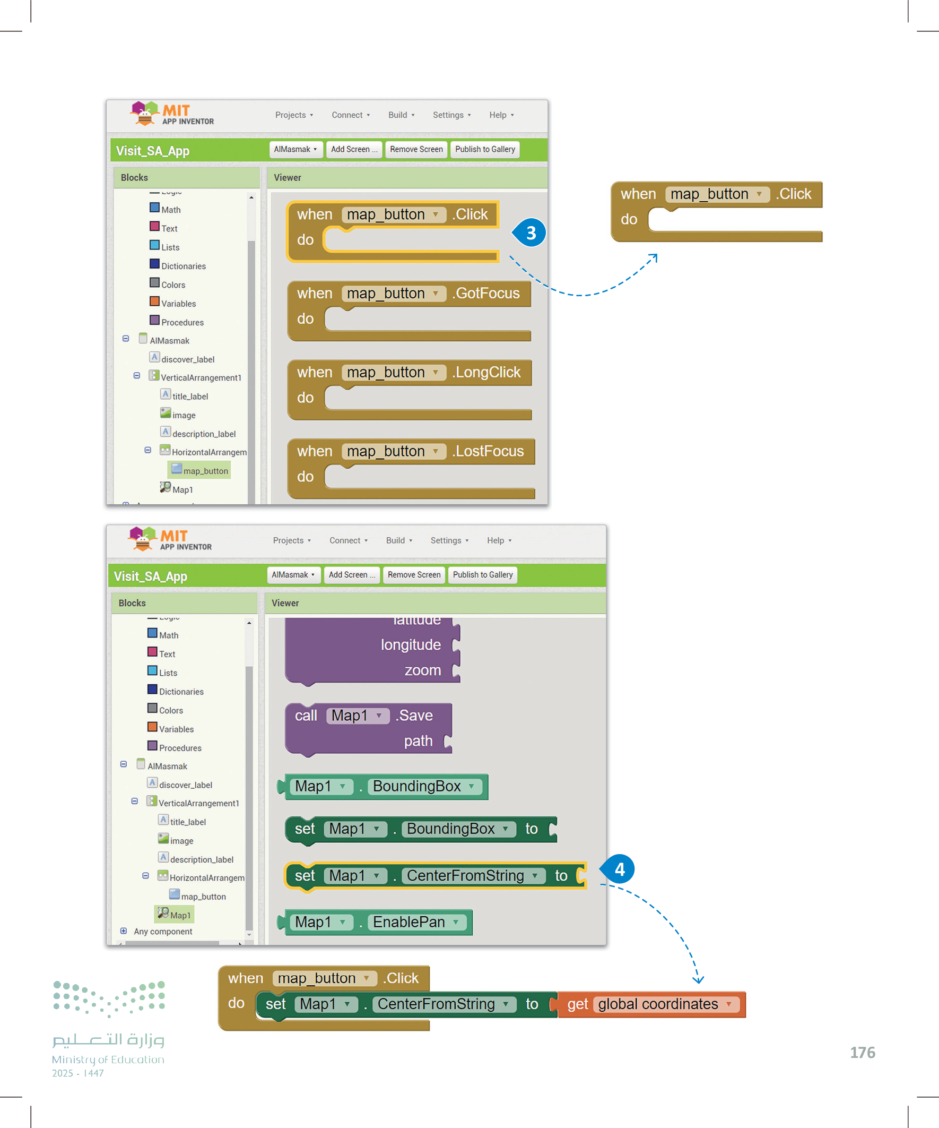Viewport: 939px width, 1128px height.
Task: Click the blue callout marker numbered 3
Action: pyautogui.click(x=530, y=233)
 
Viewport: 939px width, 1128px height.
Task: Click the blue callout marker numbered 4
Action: pyautogui.click(x=619, y=868)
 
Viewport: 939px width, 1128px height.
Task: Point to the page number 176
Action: pyautogui.click(x=862, y=1052)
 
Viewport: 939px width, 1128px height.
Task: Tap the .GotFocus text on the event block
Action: pyautogui.click(x=486, y=293)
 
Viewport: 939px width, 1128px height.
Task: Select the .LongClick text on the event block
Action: pyautogui.click(x=486, y=372)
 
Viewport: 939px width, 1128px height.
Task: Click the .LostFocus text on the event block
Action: pyautogui.click(x=488, y=451)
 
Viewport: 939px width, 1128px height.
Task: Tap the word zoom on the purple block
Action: pyautogui.click(x=422, y=670)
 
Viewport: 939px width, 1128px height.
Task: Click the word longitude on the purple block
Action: pyautogui.click(x=411, y=644)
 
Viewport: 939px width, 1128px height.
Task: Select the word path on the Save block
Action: pyautogui.click(x=418, y=741)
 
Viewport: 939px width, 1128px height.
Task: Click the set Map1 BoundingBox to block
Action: pyautogui.click(x=419, y=829)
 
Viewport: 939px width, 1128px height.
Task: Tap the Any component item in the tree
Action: pyautogui.click(x=163, y=932)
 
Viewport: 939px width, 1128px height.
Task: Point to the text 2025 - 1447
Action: pyautogui.click(x=78, y=1073)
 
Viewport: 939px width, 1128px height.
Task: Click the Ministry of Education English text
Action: pyautogui.click(x=108, y=1059)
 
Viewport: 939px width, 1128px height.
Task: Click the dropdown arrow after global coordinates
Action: pyautogui.click(x=728, y=1004)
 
